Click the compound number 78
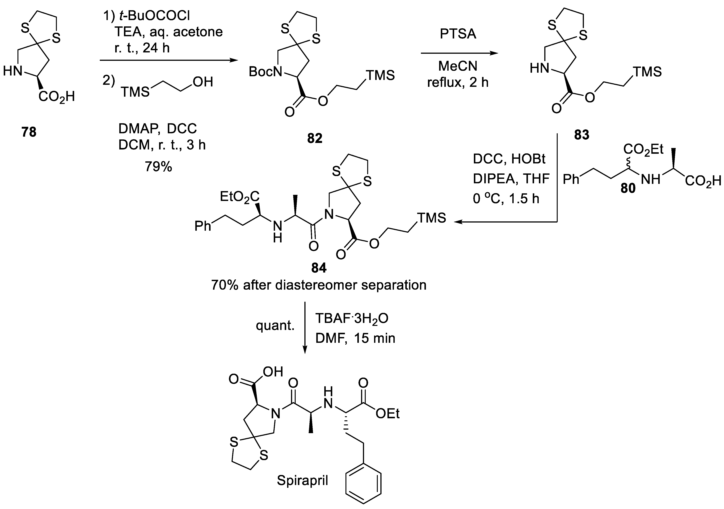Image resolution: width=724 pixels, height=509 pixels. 29,132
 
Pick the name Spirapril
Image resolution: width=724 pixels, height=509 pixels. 302,480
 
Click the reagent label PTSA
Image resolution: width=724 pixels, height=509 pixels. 458,34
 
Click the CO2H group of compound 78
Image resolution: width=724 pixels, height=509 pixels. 57,96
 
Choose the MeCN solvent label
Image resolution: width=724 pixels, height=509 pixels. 458,66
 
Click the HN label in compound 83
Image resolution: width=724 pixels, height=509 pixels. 539,68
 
